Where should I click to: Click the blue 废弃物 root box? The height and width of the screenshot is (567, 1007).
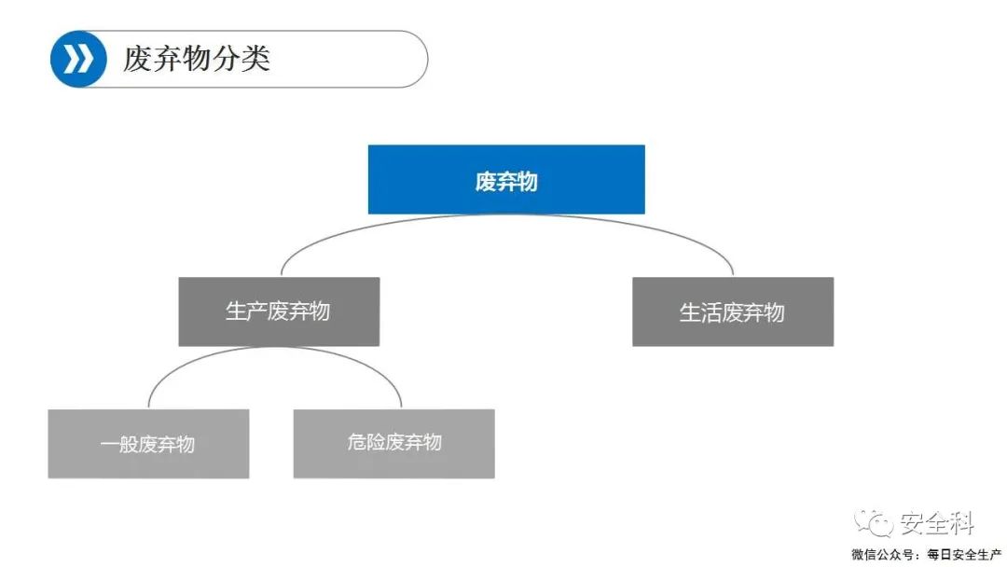click(506, 179)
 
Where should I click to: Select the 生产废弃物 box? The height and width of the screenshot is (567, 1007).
click(279, 311)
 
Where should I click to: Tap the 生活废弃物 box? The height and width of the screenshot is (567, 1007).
click(733, 311)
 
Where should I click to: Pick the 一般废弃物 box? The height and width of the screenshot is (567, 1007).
click(148, 444)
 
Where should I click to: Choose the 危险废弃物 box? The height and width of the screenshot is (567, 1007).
click(393, 444)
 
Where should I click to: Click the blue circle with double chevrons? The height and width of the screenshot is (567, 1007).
click(78, 59)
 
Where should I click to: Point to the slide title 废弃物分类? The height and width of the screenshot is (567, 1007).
click(197, 59)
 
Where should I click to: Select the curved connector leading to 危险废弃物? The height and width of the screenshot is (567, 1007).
click(366, 363)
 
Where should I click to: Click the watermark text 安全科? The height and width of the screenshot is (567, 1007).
click(937, 523)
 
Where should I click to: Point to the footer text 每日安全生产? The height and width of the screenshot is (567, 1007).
click(964, 554)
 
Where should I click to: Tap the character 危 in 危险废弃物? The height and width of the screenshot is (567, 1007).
click(356, 442)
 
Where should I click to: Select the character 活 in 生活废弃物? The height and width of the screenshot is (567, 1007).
click(710, 312)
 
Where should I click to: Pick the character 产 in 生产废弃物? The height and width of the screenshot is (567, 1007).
click(257, 311)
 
